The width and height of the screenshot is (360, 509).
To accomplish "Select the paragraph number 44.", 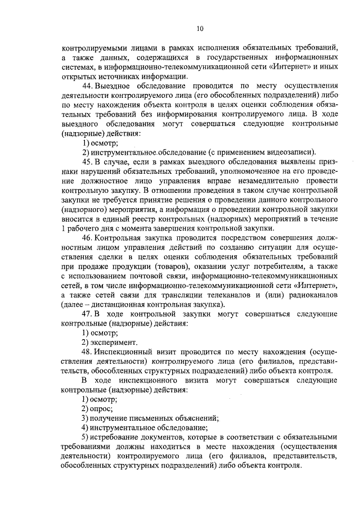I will click(x=87, y=85).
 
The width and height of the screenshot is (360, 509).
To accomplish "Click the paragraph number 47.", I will click(x=87, y=314).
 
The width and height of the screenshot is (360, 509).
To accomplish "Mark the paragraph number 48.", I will click(x=87, y=352).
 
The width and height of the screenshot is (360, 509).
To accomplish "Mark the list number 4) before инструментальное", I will click(x=85, y=428).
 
